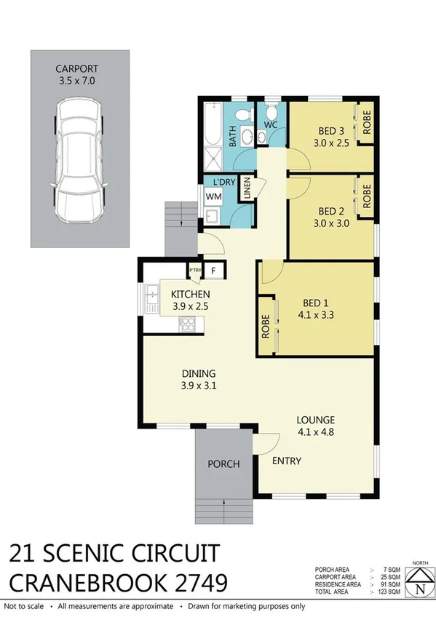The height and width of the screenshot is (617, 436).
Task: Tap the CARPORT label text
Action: [x=80, y=70]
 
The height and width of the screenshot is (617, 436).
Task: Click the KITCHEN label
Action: [x=190, y=294]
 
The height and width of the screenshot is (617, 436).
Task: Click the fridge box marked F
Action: [x=213, y=271]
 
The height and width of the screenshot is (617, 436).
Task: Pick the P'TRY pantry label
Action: [x=194, y=270]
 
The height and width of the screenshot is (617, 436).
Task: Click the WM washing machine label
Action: [x=213, y=196]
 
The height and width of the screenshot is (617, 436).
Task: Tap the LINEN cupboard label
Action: [x=247, y=188]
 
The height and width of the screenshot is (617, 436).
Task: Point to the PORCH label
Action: [x=223, y=463]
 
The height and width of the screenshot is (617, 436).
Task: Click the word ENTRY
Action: [x=287, y=461]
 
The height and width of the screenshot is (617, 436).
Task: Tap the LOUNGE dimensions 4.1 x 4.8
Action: [x=315, y=431]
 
